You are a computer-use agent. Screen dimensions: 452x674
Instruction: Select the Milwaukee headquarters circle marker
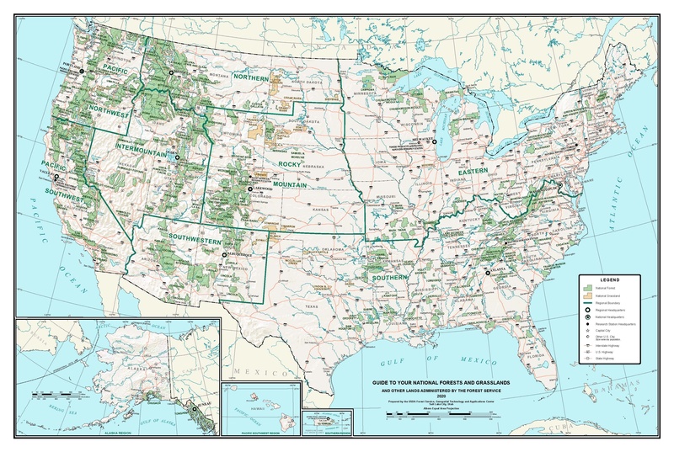pos(436,142)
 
